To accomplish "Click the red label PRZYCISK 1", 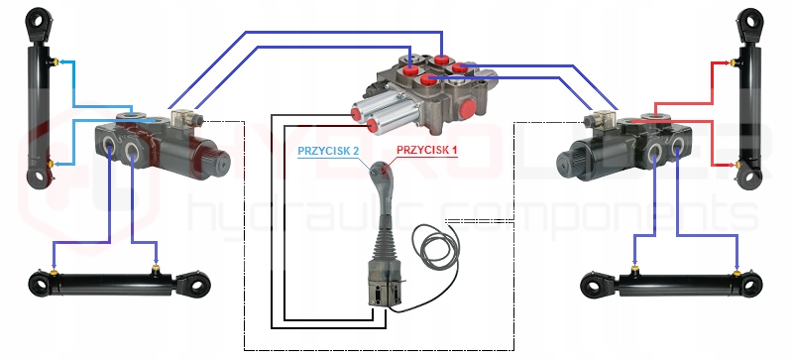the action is coord(426,150).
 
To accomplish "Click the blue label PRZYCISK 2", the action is coord(328,151).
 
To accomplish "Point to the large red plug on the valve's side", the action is coord(468,109).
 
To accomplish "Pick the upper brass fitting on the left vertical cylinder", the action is coord(55,61).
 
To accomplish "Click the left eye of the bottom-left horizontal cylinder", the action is coord(39,285).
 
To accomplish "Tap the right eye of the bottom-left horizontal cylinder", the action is coord(197,284).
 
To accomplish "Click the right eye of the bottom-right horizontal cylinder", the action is coord(751,285).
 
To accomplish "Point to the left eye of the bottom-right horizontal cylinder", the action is coord(593,285).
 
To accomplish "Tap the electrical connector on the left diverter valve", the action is coord(183,118).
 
